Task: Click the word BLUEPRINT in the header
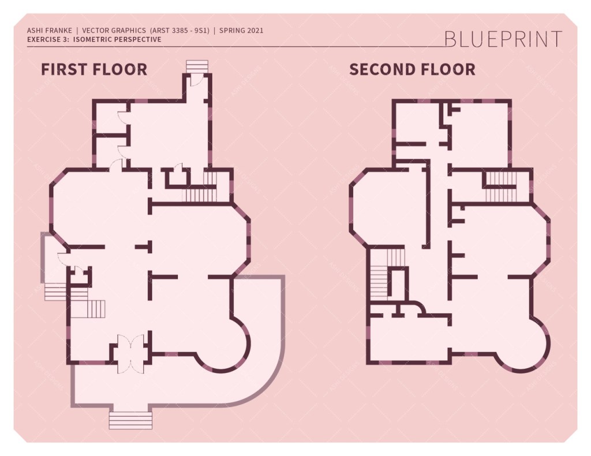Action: pos(503,39)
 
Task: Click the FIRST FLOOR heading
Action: pos(93,70)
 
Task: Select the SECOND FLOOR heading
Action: pos(412,70)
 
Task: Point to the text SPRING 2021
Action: pos(241,30)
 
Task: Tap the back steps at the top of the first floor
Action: pos(196,65)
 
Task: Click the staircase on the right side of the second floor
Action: pos(500,187)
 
